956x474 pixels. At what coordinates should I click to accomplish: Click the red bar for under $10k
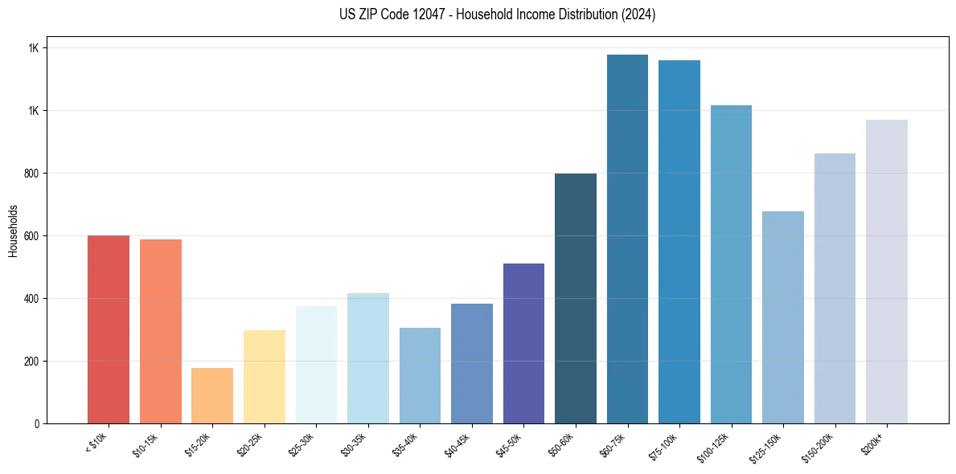[109, 329]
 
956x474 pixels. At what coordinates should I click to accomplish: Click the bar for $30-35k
[368, 358]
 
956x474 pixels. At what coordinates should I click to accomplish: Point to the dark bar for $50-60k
[576, 298]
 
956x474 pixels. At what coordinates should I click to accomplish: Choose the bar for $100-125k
[731, 264]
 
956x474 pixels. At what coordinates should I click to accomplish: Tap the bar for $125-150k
[783, 317]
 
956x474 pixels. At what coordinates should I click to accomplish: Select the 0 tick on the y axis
[35, 423]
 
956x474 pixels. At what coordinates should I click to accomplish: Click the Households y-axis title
[13, 230]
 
